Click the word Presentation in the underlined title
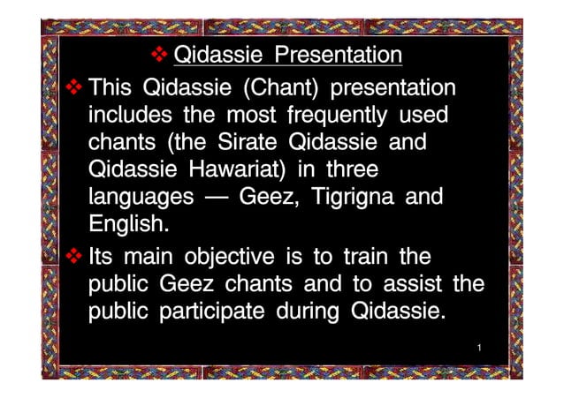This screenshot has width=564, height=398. click(x=338, y=56)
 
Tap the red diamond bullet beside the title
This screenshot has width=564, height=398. click(x=160, y=56)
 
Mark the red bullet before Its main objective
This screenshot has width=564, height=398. click(x=73, y=257)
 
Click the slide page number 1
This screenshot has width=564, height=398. click(x=478, y=350)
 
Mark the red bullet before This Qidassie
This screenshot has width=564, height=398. click(x=73, y=87)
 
